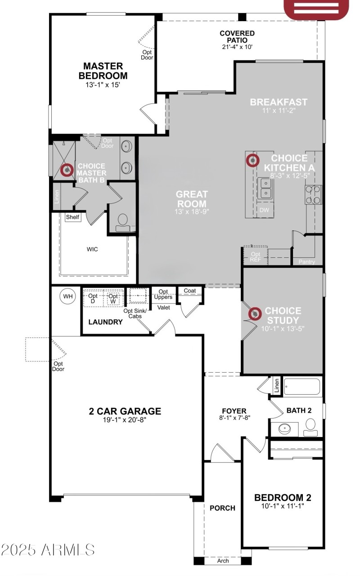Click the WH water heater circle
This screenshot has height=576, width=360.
pyautogui.click(x=68, y=296)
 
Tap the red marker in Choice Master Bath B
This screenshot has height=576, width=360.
pyautogui.click(x=67, y=170)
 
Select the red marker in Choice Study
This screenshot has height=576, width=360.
pyautogui.click(x=255, y=314)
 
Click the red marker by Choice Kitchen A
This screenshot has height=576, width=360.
pyautogui.click(x=252, y=160)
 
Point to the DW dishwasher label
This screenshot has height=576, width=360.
pyautogui.click(x=264, y=210)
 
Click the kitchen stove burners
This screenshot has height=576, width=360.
pyautogui.click(x=314, y=194)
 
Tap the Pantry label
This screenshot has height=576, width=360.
pyautogui.click(x=306, y=262)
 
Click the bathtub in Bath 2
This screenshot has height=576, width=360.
pyautogui.click(x=302, y=387)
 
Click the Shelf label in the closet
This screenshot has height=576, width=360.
pyautogui.click(x=72, y=217)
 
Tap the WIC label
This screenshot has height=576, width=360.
pyautogui.click(x=92, y=249)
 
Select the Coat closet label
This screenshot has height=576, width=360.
pyautogui.click(x=190, y=291)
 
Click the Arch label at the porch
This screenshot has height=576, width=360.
pyautogui.click(x=223, y=561)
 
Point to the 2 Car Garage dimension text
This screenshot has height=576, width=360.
pyautogui.click(x=125, y=420)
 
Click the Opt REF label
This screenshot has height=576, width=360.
pyautogui.click(x=255, y=257)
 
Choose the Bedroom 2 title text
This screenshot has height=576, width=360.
pyautogui.click(x=283, y=498)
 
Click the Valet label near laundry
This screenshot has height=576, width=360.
pyautogui.click(x=163, y=307)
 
